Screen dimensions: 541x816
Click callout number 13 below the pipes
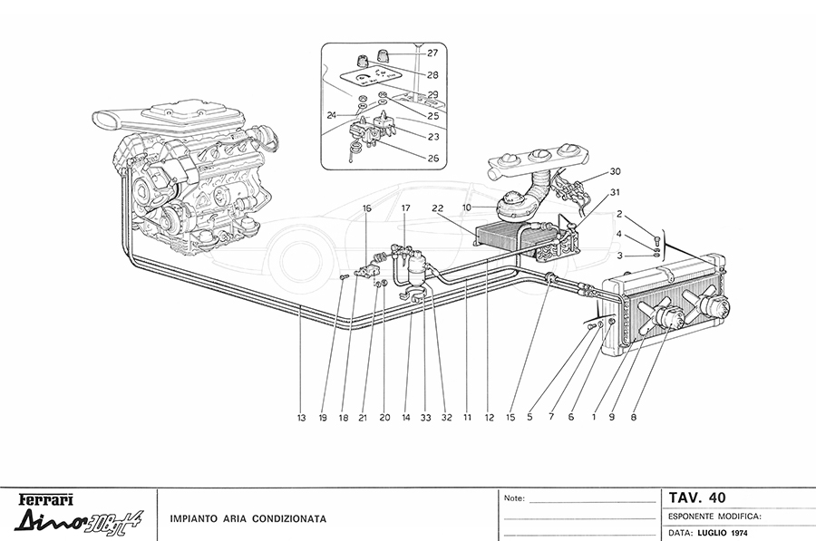[300, 418]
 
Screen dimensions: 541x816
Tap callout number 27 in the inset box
[433, 53]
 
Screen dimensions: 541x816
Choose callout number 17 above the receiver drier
[406, 208]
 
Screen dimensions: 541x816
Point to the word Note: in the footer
[514, 498]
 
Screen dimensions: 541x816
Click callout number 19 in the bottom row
[322, 418]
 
